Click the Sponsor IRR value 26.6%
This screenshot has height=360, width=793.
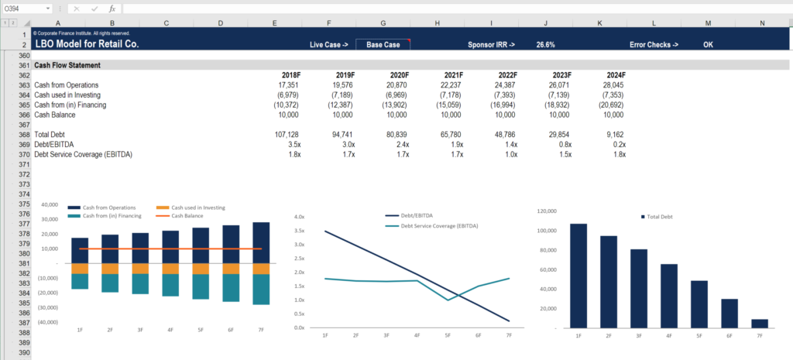(x=545, y=45)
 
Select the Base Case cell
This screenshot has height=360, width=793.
(x=383, y=45)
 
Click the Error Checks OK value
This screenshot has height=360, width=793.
(x=708, y=45)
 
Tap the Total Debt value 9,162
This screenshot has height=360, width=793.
(x=613, y=134)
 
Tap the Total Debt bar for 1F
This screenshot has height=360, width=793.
(x=578, y=275)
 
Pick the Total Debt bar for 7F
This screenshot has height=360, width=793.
(x=760, y=323)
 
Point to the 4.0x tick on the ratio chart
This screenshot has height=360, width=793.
(x=299, y=217)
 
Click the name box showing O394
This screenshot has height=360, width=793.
(x=23, y=9)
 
